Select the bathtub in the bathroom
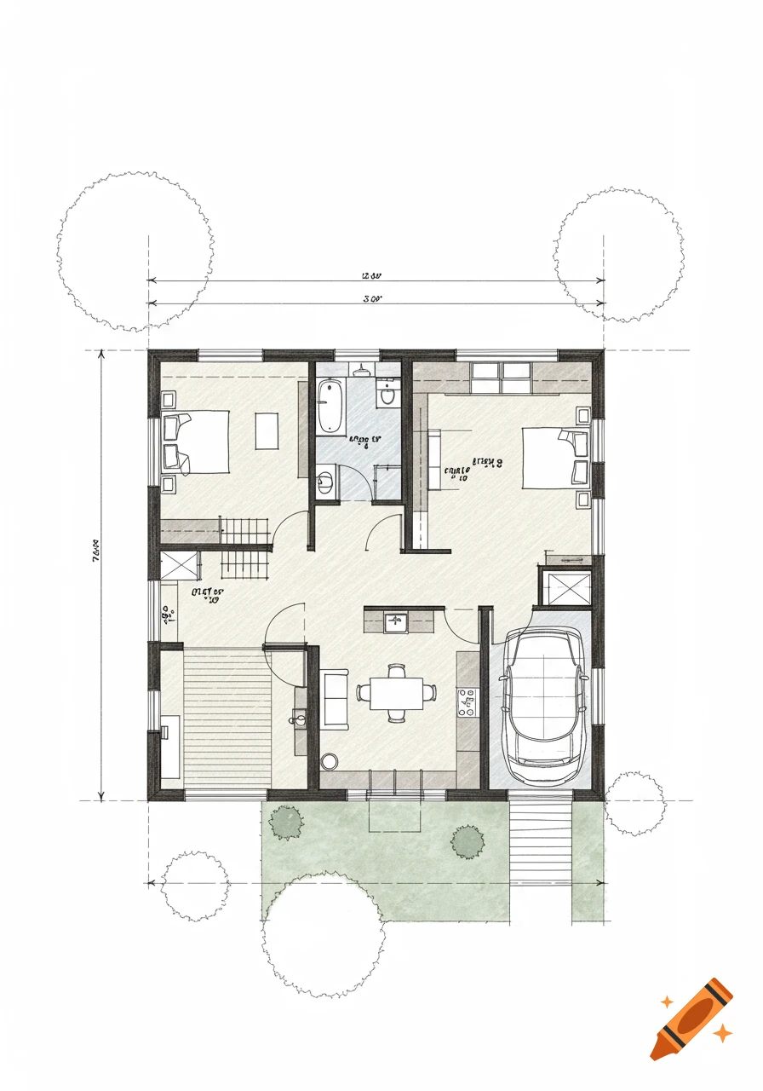point(330,407)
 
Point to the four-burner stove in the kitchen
point(468,701)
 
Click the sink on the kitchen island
point(395,620)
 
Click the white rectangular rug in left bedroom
point(267,430)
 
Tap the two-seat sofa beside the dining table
point(335,699)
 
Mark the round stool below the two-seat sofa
point(330,759)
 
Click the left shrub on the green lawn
point(286,823)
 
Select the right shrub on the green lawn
point(468,842)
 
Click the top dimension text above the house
point(370,276)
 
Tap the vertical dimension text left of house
point(94,555)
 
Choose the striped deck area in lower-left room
point(227,716)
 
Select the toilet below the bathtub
point(324,483)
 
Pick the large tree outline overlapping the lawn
point(324,933)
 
